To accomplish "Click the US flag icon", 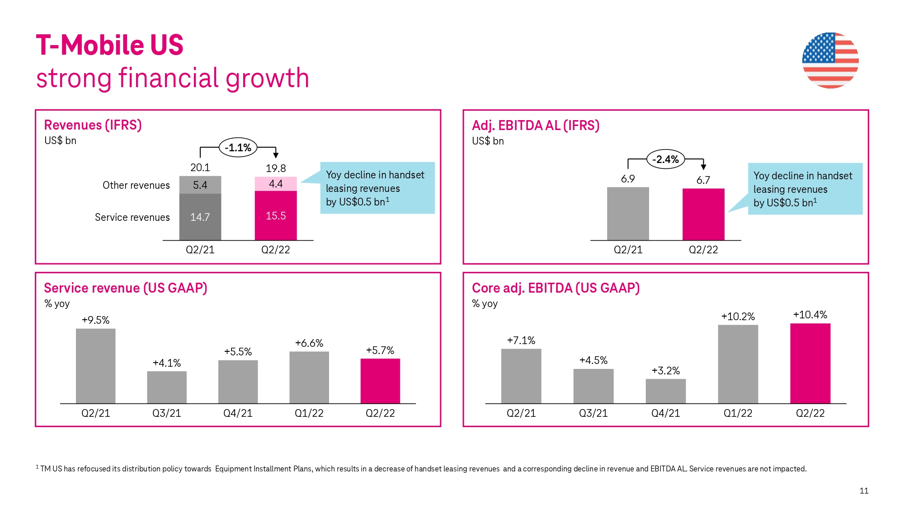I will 830,60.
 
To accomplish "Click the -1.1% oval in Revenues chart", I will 238,148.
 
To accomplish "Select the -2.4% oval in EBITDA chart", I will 665,159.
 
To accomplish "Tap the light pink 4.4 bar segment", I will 276,184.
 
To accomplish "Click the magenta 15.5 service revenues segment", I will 276,216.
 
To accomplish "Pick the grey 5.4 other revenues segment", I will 200,185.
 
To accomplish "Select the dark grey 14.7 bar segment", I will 200,217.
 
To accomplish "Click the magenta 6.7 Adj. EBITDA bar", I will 703,214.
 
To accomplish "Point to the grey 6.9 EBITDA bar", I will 628,214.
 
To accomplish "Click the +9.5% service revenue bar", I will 95,366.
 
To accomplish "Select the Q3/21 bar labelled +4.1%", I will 167,387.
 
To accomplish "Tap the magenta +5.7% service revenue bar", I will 380,381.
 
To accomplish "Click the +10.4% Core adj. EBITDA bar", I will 810,364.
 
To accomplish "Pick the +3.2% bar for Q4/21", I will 665,391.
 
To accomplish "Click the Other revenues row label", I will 136,185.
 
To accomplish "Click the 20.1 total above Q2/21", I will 200,168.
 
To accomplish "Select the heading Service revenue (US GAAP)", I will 126,288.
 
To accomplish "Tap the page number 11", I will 864,491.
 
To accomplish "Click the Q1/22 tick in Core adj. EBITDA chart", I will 738,413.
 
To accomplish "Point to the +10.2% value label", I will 738,317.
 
